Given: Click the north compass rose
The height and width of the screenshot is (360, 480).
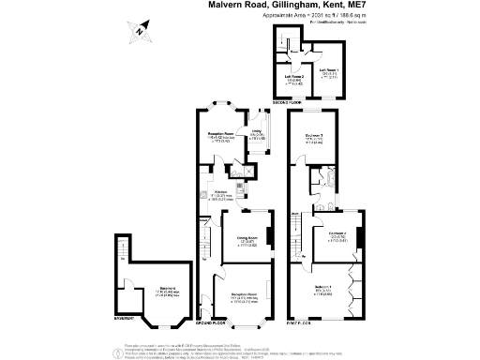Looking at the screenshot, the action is [138, 32].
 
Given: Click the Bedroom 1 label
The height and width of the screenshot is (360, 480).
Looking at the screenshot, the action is [322, 288].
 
